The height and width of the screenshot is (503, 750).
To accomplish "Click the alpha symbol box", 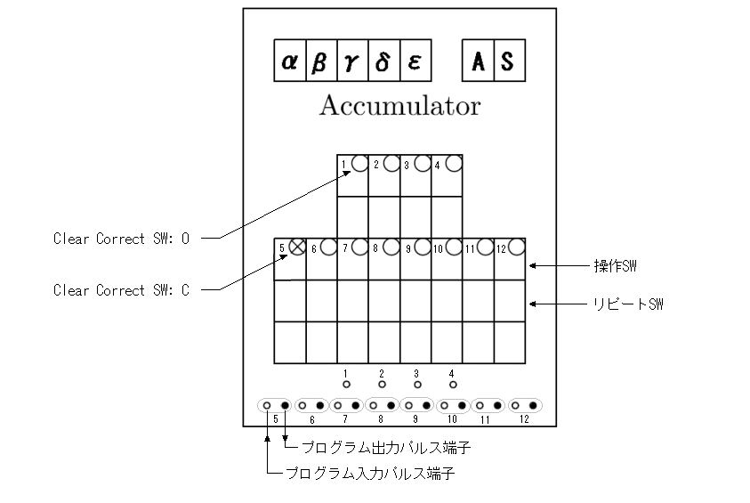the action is tap(290, 61).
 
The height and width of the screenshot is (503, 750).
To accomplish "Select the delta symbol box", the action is tap(384, 61).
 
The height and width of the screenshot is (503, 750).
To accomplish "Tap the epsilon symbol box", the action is tap(415, 61).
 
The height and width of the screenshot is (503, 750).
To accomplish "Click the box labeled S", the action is tap(510, 61).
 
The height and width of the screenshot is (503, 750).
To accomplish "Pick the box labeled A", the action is tap(478, 61).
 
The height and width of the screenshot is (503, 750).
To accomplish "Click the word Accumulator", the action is tap(399, 105).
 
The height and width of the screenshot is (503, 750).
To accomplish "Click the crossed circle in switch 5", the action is tap(297, 247).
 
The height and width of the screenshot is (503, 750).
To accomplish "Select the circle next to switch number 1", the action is tap(359, 163).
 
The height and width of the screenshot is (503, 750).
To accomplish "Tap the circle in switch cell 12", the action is tap(517, 247).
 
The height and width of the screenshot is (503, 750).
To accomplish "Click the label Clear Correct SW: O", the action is tap(122, 239).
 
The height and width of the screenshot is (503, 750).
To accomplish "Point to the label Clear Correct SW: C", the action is tap(122, 290).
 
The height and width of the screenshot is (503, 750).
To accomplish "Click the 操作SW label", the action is tap(615, 266).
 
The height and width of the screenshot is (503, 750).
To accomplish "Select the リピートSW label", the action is tap(628, 304).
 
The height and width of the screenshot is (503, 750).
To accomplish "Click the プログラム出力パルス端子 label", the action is tap(386, 448).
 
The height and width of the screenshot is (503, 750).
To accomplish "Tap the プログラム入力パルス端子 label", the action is tap(370, 474).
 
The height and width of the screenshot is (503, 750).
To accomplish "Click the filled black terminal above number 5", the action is tap(285, 405).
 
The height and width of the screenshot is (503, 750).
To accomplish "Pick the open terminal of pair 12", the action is tap(515, 405).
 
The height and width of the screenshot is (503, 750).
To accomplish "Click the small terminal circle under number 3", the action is tap(417, 385).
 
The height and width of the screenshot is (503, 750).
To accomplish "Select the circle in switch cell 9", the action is tap(423, 247).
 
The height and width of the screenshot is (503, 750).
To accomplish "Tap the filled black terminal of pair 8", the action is tap(391, 405).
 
